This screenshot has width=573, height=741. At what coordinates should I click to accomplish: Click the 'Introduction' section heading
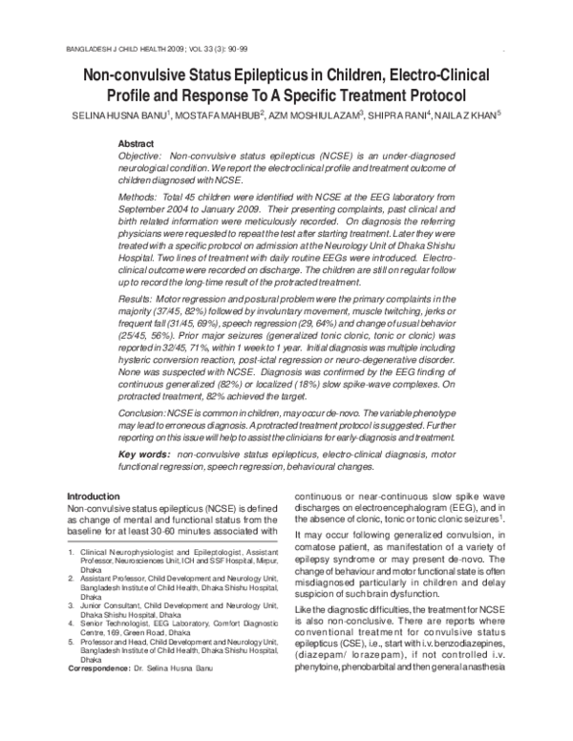pyautogui.click(x=96, y=497)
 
